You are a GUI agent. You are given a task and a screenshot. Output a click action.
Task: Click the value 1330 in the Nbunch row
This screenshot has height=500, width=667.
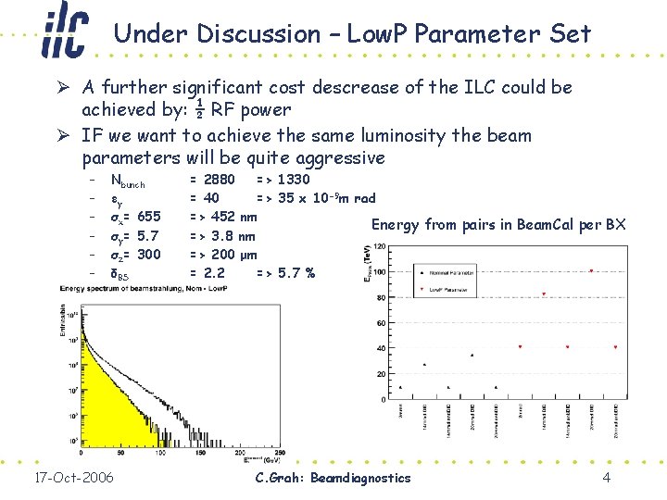click(x=294, y=179)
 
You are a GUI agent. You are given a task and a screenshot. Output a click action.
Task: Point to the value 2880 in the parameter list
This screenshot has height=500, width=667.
click(x=220, y=179)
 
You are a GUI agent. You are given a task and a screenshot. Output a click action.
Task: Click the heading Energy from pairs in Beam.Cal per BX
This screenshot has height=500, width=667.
click(x=498, y=225)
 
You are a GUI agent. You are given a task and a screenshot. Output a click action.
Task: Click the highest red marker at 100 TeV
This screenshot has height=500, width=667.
click(x=592, y=270)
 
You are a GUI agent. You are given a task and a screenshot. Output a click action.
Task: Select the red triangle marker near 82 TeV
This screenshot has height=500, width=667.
click(x=544, y=294)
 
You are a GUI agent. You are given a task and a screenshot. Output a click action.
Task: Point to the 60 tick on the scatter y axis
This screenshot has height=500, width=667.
click(x=380, y=322)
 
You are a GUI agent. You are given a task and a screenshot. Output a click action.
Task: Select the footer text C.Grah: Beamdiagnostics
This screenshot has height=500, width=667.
click(x=332, y=478)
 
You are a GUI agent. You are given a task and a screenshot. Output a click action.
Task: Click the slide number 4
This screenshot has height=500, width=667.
click(x=605, y=478)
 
